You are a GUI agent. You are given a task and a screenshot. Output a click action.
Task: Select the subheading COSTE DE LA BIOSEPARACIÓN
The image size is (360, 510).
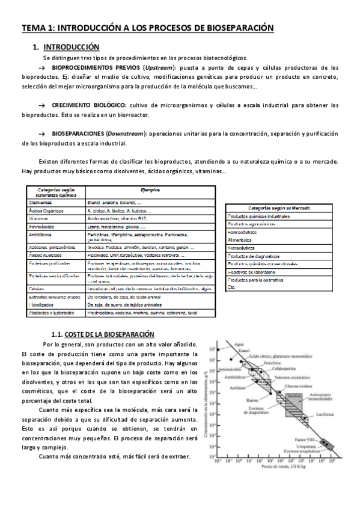pos(109,334)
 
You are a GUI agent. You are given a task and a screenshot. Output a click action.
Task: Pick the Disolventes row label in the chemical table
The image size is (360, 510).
pos(40,203)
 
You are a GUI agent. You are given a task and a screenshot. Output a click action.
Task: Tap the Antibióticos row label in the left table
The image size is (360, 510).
pos(41,235)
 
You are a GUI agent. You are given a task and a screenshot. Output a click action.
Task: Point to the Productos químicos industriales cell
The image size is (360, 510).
pos(258,216)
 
